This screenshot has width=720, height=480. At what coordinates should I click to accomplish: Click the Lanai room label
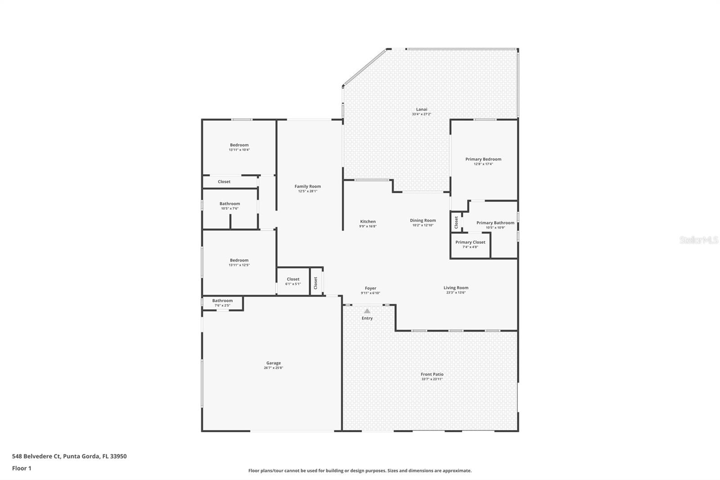(421, 109)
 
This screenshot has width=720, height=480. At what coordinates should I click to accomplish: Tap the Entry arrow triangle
(367, 311)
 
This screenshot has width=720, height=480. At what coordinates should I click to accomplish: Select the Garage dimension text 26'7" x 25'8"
(273, 368)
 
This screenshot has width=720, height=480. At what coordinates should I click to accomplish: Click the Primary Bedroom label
(483, 159)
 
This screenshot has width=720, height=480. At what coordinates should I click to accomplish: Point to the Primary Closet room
(470, 244)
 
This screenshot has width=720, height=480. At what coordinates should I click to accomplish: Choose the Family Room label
(308, 186)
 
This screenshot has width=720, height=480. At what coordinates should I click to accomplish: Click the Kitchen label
(368, 222)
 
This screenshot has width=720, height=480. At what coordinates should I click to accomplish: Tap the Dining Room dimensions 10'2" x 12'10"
(423, 225)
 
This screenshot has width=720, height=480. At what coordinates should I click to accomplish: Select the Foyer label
(370, 288)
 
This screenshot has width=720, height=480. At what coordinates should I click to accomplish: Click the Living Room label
(456, 288)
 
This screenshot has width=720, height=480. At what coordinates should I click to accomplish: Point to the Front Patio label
(432, 374)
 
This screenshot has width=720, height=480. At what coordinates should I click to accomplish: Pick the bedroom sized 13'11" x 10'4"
(239, 147)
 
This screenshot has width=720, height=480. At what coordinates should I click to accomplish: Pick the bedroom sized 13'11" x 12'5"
(239, 263)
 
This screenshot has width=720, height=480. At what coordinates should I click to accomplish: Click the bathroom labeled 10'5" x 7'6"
(229, 206)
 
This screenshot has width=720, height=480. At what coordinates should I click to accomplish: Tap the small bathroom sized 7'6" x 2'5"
(222, 303)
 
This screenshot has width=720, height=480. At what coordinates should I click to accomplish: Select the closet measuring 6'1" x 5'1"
(293, 281)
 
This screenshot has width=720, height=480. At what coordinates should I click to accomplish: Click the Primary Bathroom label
(495, 223)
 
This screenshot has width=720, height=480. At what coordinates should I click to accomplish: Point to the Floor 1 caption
(22, 468)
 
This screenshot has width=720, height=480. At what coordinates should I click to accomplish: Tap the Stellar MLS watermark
(698, 240)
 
